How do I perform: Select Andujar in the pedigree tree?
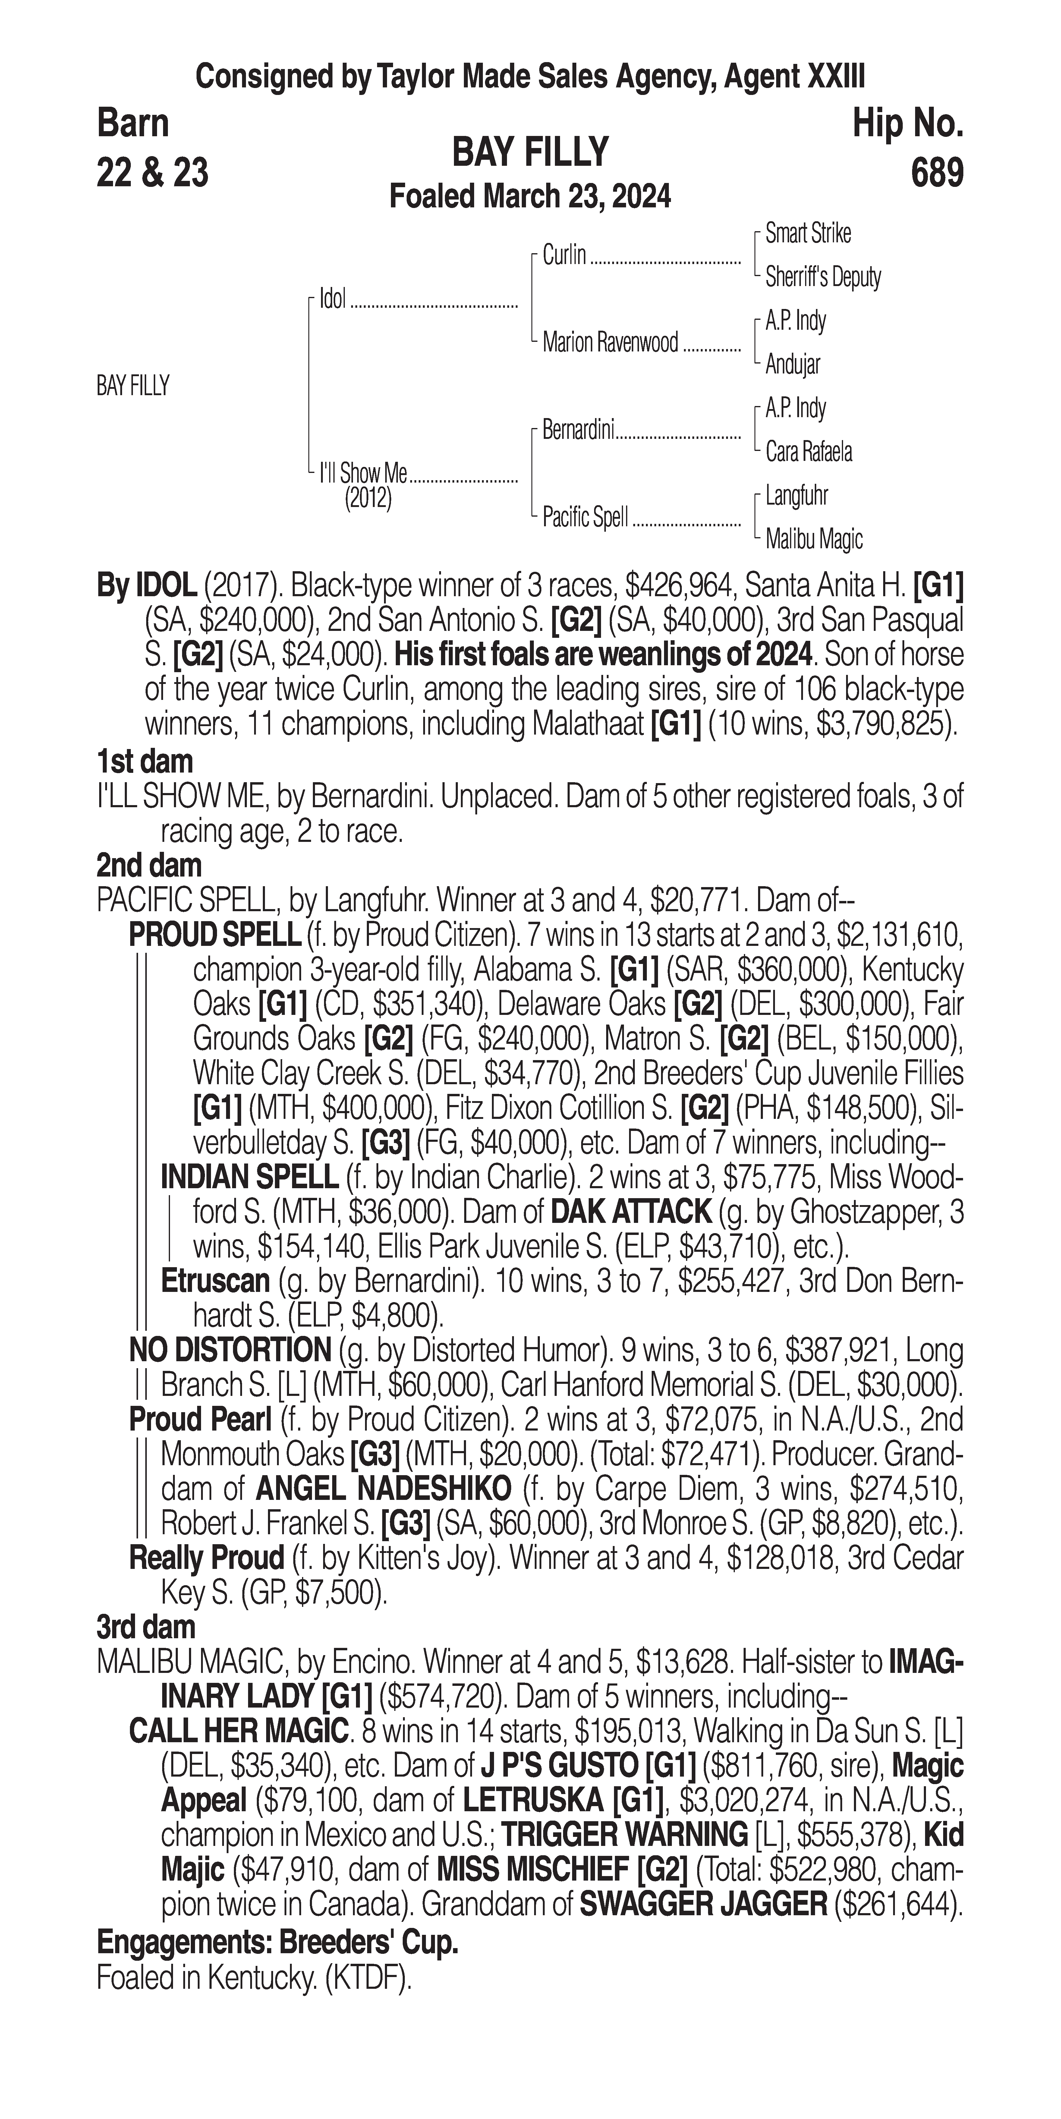tap(792, 364)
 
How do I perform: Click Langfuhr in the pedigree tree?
tap(796, 496)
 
